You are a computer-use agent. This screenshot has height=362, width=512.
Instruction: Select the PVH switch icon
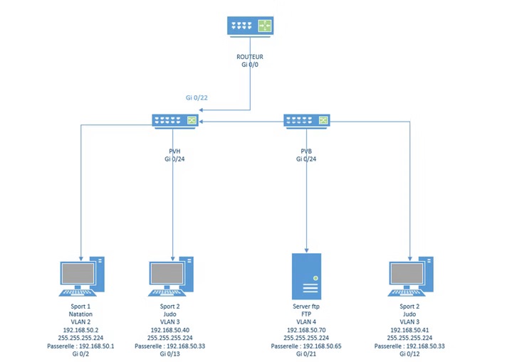pos(174,120)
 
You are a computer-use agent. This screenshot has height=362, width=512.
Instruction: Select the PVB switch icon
pos(305,120)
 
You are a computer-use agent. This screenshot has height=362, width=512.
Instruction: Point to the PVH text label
pos(174,151)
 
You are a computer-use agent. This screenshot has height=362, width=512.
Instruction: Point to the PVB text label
pos(305,151)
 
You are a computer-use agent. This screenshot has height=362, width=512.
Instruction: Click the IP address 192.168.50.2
pos(80,330)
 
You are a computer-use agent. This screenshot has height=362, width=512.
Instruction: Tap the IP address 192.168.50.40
pos(169,330)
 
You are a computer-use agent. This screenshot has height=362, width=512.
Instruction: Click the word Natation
pos(80,314)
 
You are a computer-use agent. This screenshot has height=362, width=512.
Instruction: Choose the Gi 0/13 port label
pos(169,353)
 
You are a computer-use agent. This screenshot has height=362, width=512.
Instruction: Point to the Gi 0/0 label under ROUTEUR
pos(250,64)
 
